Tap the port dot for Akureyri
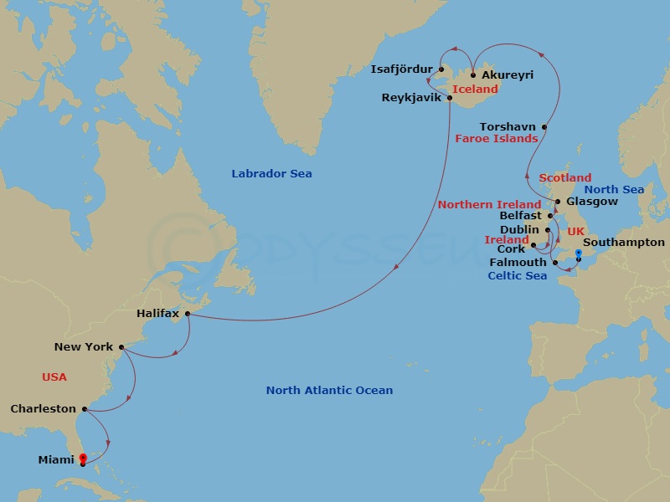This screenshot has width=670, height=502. (x=473, y=75)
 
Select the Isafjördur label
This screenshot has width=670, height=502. (x=401, y=69)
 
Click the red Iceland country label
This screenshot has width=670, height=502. (x=475, y=89)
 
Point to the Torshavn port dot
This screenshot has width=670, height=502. (x=545, y=127)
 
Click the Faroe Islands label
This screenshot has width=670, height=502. (x=496, y=139)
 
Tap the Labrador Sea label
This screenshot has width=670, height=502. (x=271, y=174)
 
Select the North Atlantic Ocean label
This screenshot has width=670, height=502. (x=329, y=391)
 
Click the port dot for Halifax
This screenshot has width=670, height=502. (x=188, y=315)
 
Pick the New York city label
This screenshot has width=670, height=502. (x=83, y=346)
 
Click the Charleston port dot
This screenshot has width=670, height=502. (x=85, y=410)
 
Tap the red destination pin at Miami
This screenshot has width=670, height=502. (x=82, y=458)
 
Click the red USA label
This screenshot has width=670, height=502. (x=54, y=377)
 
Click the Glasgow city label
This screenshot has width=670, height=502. (x=591, y=202)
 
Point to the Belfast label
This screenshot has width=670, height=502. (x=521, y=216)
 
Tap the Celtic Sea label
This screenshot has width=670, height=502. (x=518, y=276)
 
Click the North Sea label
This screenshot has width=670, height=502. (x=616, y=190)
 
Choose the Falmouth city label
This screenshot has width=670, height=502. (x=518, y=263)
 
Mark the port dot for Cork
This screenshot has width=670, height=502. (x=533, y=246)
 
